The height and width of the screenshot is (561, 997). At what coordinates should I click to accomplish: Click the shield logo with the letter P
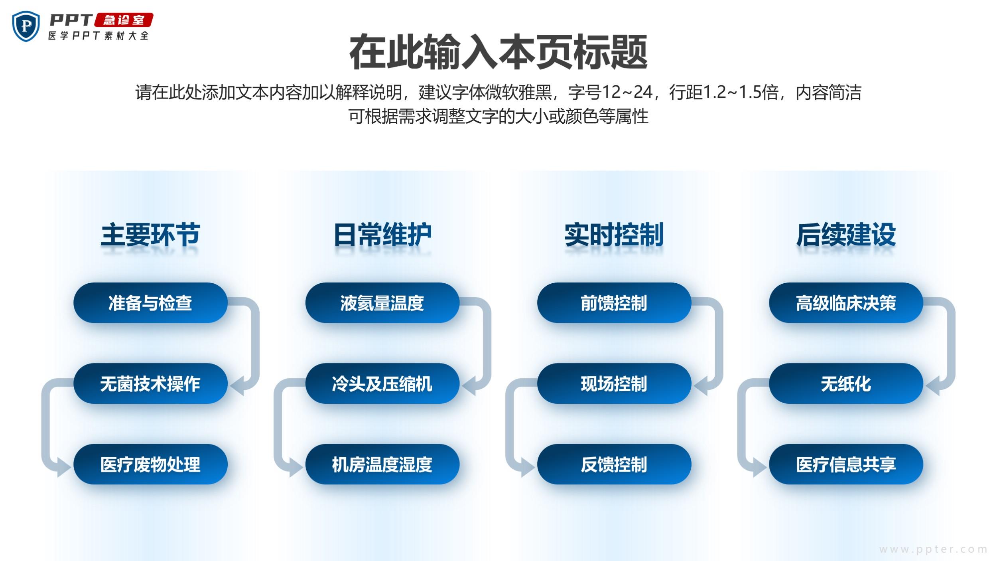[x=26, y=26]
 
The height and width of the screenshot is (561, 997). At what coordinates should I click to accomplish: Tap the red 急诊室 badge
[x=124, y=20]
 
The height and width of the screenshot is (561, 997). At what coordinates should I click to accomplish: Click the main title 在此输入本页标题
[x=498, y=52]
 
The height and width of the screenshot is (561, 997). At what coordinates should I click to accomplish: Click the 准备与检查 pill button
[x=150, y=303]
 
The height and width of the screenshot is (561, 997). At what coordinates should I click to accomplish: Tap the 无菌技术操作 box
[x=150, y=383]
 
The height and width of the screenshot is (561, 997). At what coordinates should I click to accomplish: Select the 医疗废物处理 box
[x=150, y=464]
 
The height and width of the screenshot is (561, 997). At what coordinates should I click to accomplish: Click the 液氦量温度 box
[x=382, y=303]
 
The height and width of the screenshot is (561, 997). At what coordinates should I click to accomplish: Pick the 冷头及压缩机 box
[x=382, y=383]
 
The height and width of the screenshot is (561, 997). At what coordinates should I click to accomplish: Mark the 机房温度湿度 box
[x=382, y=464]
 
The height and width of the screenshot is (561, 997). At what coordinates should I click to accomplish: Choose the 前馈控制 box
[x=614, y=303]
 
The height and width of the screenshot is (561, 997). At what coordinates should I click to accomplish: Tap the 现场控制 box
[x=614, y=383]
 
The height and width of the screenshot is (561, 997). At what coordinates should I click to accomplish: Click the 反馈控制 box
[x=614, y=464]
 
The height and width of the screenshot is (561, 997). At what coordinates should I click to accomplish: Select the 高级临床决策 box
[x=846, y=303]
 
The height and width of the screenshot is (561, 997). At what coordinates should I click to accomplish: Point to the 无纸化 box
[x=846, y=383]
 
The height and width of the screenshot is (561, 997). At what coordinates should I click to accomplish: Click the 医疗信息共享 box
[x=846, y=464]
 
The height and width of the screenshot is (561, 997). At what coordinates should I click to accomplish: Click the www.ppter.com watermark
[x=933, y=550]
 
